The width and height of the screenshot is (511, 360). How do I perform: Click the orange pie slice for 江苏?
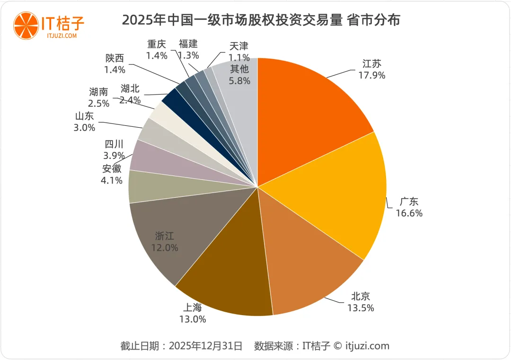tap(308, 109)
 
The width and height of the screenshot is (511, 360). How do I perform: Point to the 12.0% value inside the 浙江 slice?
tap(165, 247)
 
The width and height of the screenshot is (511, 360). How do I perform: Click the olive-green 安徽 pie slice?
tap(151, 187)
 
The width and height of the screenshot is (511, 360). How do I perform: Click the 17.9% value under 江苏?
tap(372, 75)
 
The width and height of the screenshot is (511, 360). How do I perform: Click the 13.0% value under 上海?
tap(192, 319)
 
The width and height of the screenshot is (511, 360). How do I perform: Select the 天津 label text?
tap(239, 46)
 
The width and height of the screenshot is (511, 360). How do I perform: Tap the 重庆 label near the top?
tap(157, 44)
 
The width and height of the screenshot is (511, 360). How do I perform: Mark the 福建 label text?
tap(188, 44)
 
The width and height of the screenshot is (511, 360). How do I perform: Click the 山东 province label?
tap(85, 116)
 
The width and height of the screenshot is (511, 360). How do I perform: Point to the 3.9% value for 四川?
tap(114, 156)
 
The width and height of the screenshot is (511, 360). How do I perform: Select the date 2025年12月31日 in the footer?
tap(205, 346)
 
